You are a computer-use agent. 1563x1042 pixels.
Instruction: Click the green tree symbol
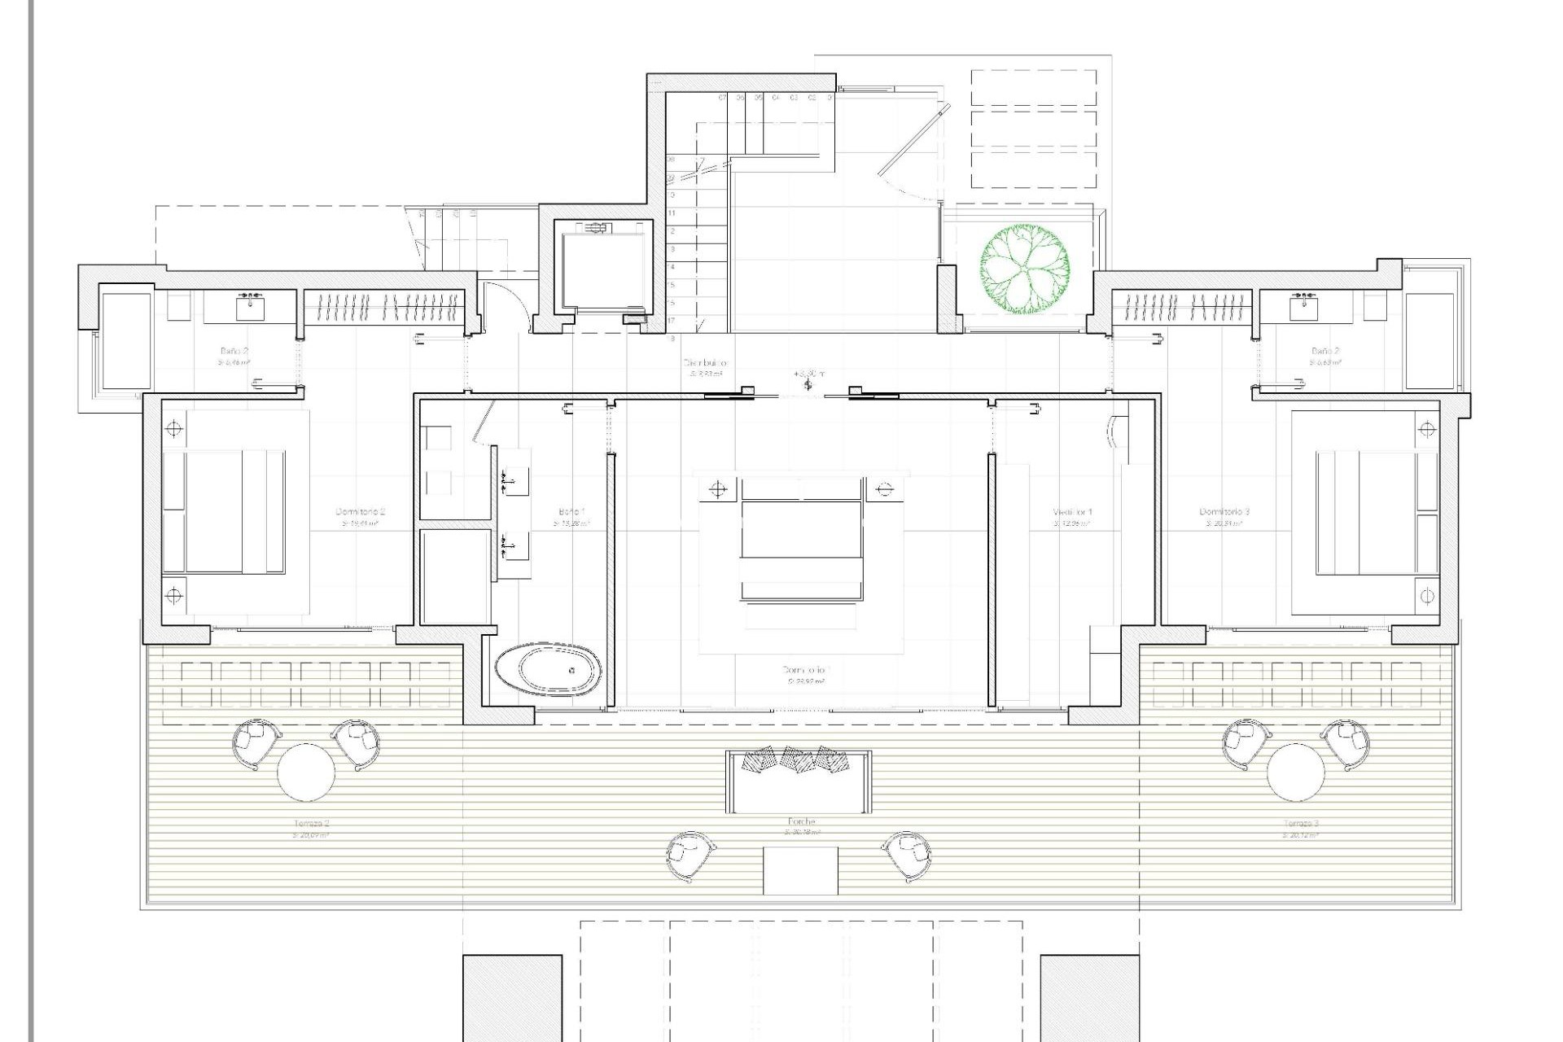click(1025, 269)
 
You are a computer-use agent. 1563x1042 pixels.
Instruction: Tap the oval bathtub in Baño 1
click(549, 669)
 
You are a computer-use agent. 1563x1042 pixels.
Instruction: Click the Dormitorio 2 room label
click(360, 512)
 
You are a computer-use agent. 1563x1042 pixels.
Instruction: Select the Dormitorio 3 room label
click(1224, 512)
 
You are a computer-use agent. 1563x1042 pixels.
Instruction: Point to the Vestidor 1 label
click(1072, 512)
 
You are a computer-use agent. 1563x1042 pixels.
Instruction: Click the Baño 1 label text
click(571, 512)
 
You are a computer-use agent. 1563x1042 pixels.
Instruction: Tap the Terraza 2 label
click(311, 824)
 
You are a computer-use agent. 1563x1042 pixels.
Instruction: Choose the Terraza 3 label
click(1300, 824)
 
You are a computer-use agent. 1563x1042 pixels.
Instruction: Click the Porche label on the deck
click(801, 822)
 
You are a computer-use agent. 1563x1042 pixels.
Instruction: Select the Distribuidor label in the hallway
click(705, 363)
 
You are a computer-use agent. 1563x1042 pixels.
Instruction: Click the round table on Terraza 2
click(306, 772)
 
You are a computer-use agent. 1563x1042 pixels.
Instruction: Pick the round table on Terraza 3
click(1295, 772)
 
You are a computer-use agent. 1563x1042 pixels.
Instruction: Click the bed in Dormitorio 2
click(224, 512)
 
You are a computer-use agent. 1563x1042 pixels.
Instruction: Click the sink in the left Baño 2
click(250, 308)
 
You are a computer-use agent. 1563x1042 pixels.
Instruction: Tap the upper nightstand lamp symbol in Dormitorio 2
click(173, 429)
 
